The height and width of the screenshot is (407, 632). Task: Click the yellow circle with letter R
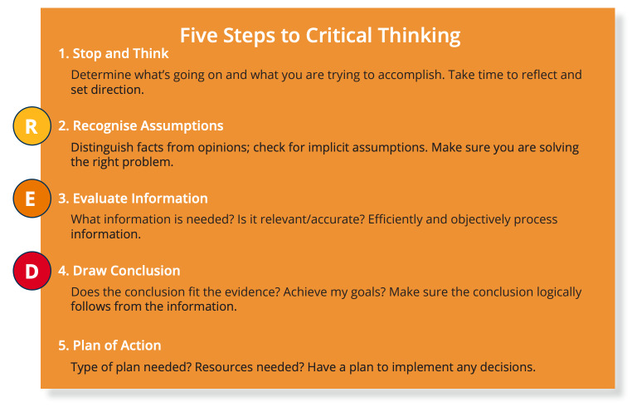[32, 126]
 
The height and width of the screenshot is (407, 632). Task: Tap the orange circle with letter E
[32, 199]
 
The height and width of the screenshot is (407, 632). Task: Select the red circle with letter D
[32, 271]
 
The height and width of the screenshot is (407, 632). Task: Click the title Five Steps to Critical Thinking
[320, 36]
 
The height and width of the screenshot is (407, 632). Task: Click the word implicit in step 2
[328, 148]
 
